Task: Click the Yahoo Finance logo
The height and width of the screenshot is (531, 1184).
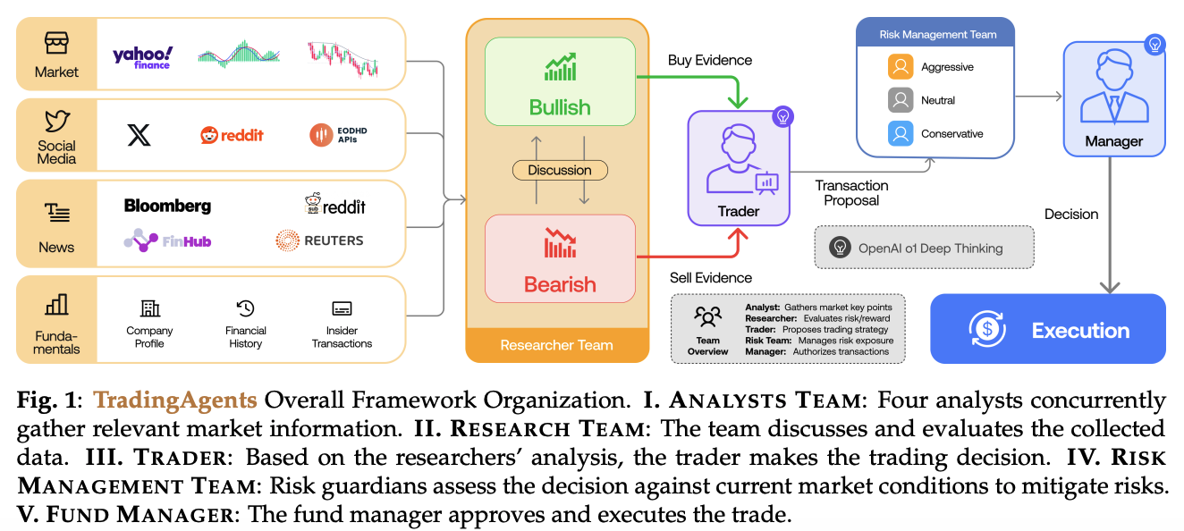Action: (x=142, y=56)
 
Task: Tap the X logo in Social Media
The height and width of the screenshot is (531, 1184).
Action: (x=139, y=135)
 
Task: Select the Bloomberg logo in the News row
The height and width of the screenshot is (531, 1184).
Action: (x=168, y=206)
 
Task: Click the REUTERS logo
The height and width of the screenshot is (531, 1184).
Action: (x=319, y=240)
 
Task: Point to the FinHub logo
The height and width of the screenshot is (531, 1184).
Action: (x=168, y=240)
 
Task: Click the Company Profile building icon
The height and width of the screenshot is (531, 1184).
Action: (x=149, y=308)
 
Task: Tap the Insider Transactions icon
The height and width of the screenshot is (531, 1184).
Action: (x=342, y=308)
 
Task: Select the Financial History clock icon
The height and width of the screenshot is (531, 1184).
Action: (x=245, y=308)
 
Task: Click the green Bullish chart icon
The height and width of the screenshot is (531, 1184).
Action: (x=560, y=67)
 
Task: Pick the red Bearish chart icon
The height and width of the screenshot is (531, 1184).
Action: (x=560, y=243)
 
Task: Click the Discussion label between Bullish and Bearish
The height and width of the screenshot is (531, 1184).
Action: (x=560, y=170)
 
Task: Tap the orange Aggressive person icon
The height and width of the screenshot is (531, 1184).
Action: (x=901, y=67)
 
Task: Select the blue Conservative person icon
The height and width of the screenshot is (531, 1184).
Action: (x=901, y=134)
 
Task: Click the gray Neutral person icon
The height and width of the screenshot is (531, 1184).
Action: (x=901, y=100)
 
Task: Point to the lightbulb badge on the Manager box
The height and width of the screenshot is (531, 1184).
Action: (x=1154, y=44)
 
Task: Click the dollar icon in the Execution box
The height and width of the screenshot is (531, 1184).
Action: (x=987, y=330)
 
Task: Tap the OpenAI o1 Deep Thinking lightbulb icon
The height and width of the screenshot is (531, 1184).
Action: (x=839, y=248)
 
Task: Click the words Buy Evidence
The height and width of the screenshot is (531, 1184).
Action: (x=710, y=61)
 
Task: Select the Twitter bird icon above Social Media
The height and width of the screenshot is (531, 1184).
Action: (x=56, y=122)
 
